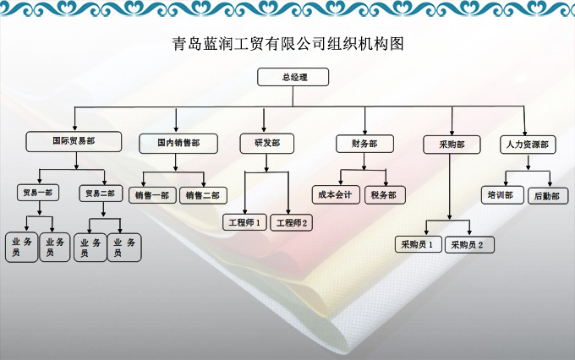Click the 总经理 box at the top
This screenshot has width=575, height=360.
tap(293, 78)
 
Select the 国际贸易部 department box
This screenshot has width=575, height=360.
tap(74, 141)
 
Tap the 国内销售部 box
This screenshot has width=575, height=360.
tap(177, 143)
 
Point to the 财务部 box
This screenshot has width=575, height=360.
tap(364, 143)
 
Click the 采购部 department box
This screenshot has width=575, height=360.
tap(452, 144)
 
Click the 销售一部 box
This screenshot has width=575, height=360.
tap(151, 195)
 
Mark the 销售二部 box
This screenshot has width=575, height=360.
tap(203, 195)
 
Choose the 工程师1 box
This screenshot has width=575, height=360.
tap(244, 222)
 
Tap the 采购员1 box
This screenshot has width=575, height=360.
tap(418, 244)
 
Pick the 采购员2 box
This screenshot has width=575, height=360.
tap(468, 244)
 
